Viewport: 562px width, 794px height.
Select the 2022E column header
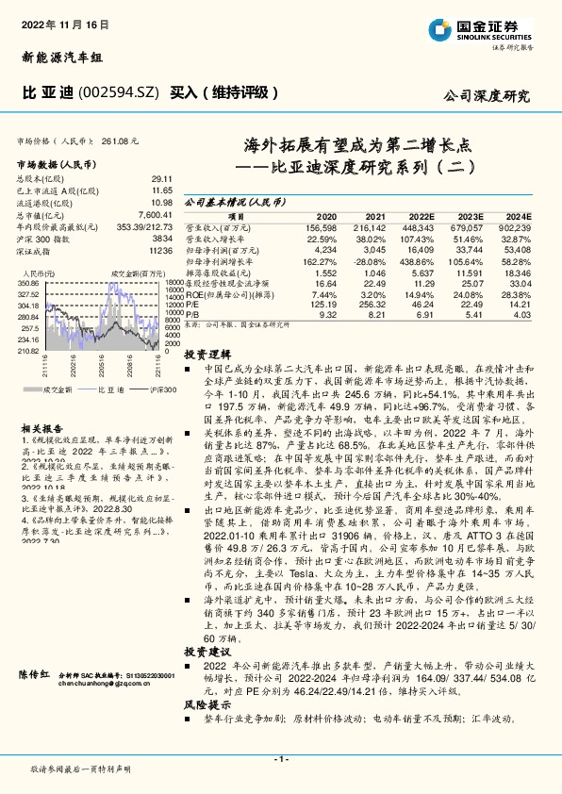point(421,216)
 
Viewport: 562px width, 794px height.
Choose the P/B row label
point(191,315)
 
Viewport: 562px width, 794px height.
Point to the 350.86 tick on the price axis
point(27,282)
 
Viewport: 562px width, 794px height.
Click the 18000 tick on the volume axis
point(174,282)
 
